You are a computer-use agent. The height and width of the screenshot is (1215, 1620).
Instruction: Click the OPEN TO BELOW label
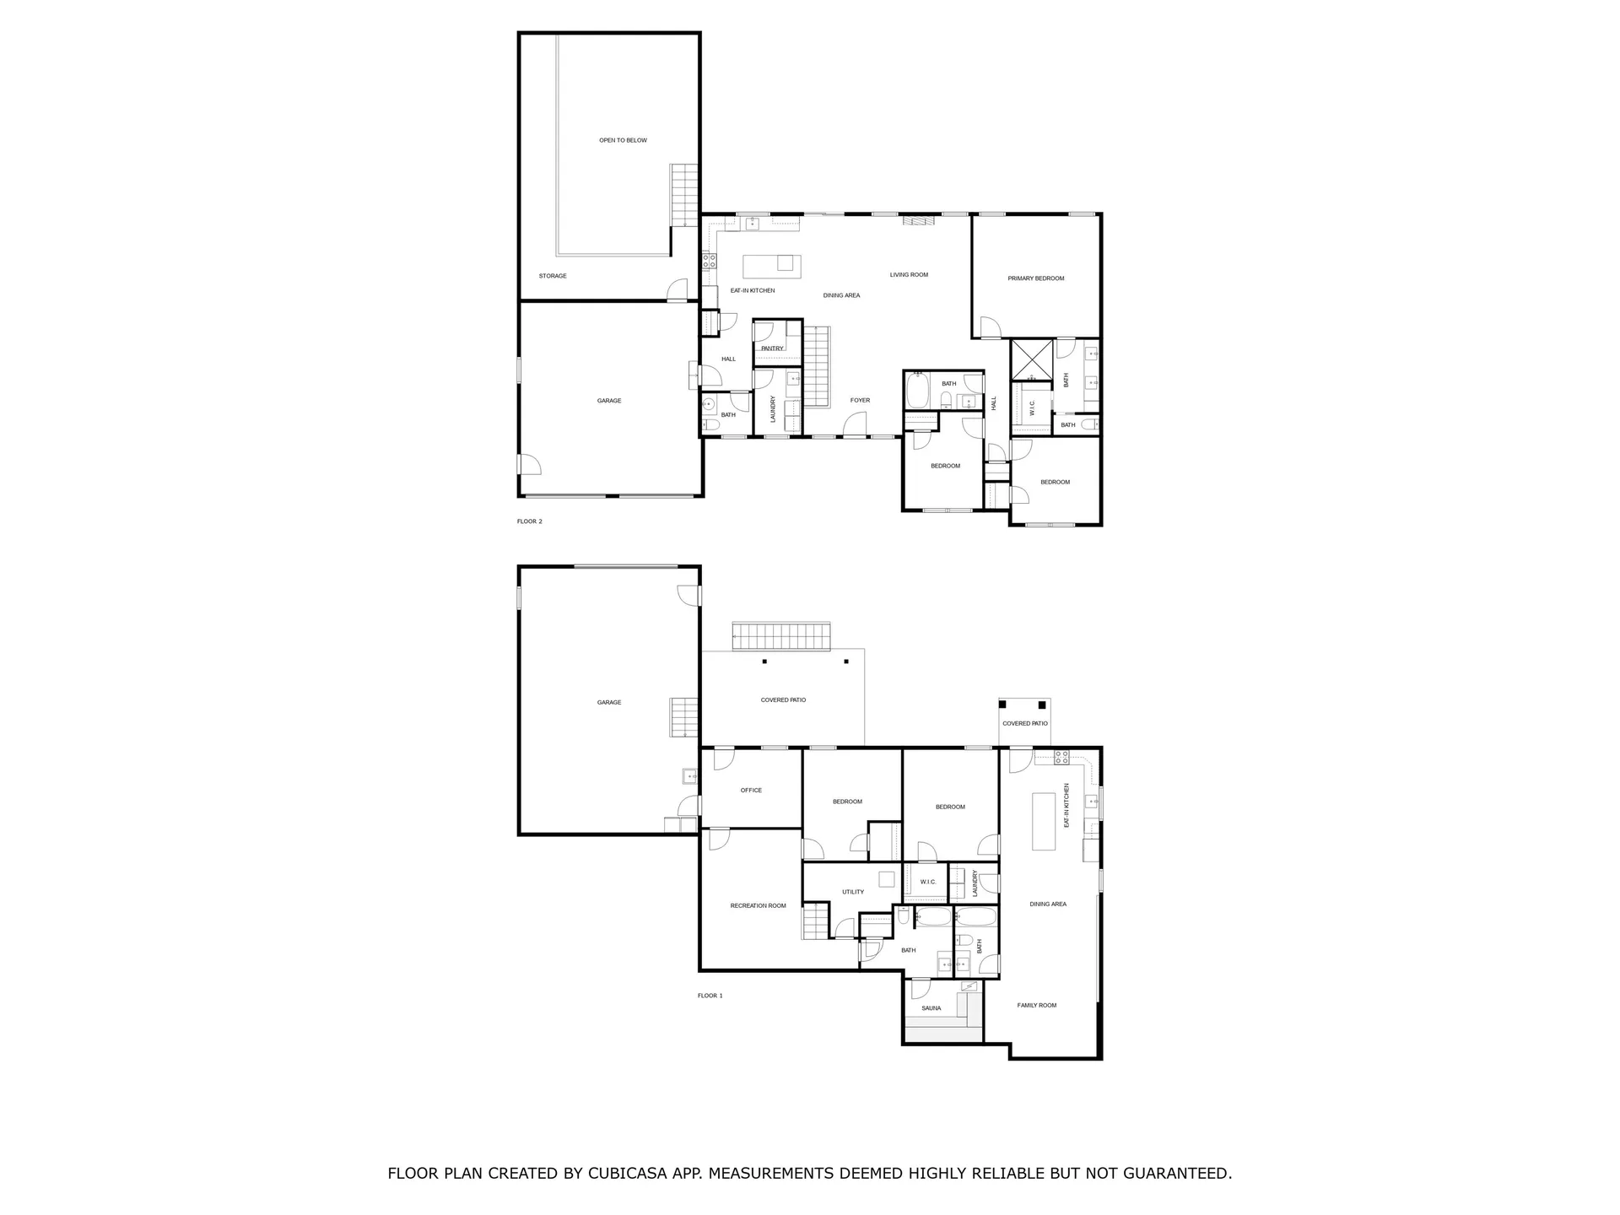pyautogui.click(x=623, y=140)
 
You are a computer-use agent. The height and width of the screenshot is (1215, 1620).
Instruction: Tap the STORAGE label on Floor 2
pyautogui.click(x=553, y=276)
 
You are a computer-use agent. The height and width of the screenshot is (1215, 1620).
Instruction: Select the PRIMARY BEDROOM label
pyautogui.click(x=1035, y=278)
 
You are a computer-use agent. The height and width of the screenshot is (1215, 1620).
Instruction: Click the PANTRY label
pyautogui.click(x=772, y=348)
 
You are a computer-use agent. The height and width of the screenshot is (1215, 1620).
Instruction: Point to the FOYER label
pyautogui.click(x=860, y=401)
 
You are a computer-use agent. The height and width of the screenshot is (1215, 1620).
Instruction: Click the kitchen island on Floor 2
pyautogui.click(x=772, y=266)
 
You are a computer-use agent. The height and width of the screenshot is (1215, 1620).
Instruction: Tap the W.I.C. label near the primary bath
pyautogui.click(x=1032, y=408)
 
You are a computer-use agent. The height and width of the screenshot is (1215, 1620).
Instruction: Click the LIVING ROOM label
pyautogui.click(x=909, y=275)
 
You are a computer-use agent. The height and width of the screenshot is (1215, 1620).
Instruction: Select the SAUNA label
pyautogui.click(x=931, y=1008)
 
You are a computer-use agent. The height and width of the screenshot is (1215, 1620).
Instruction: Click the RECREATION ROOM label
pyautogui.click(x=758, y=906)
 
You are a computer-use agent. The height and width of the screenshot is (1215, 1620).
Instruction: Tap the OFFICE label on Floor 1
pyautogui.click(x=751, y=791)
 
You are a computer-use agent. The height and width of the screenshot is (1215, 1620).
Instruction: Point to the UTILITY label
pyautogui.click(x=852, y=892)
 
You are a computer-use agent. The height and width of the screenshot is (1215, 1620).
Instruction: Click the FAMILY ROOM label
pyautogui.click(x=1036, y=1006)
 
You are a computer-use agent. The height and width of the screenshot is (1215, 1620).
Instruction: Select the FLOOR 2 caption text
pyautogui.click(x=530, y=521)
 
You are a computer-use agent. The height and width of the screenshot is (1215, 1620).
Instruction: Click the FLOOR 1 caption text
pyautogui.click(x=710, y=996)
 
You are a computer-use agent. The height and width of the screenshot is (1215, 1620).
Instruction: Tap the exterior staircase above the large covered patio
pyautogui.click(x=781, y=635)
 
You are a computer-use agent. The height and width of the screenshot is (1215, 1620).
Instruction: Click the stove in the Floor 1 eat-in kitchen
pyautogui.click(x=1061, y=757)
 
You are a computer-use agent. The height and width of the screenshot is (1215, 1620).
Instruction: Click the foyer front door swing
pyautogui.click(x=855, y=424)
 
